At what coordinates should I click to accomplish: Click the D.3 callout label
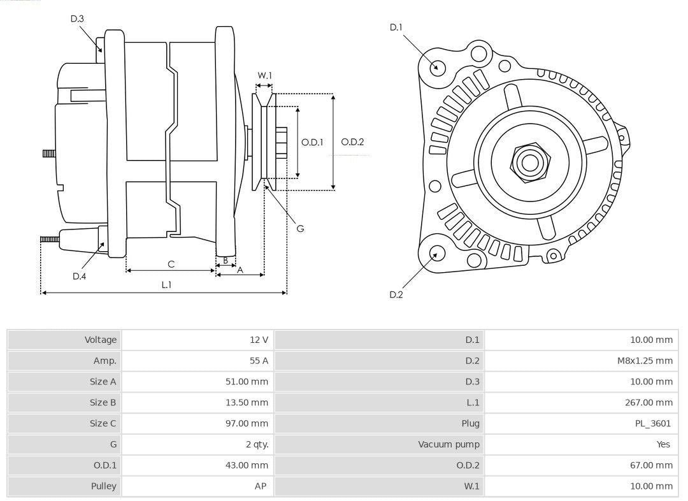point(77,18)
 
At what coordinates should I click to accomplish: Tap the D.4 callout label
point(79,276)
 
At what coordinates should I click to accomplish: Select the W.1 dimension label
point(264,75)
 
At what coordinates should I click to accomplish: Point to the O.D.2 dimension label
point(352,142)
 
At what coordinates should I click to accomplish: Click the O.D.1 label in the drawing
point(313,142)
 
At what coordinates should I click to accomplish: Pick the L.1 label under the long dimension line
point(166,285)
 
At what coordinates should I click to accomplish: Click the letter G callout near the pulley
point(300,228)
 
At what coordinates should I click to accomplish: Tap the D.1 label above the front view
point(396,27)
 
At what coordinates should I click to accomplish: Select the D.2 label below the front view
point(396,294)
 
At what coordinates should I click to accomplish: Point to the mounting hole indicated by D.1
point(437,66)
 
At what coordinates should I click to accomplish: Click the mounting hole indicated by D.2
point(436,254)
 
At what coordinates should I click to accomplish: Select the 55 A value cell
point(259,361)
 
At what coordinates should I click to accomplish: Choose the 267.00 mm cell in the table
point(649,402)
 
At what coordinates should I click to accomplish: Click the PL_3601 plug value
point(653,423)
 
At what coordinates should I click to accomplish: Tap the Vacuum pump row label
point(448,444)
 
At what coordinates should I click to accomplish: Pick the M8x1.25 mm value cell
point(645,361)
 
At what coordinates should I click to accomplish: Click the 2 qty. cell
point(257,444)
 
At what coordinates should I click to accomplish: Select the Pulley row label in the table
point(103,486)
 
